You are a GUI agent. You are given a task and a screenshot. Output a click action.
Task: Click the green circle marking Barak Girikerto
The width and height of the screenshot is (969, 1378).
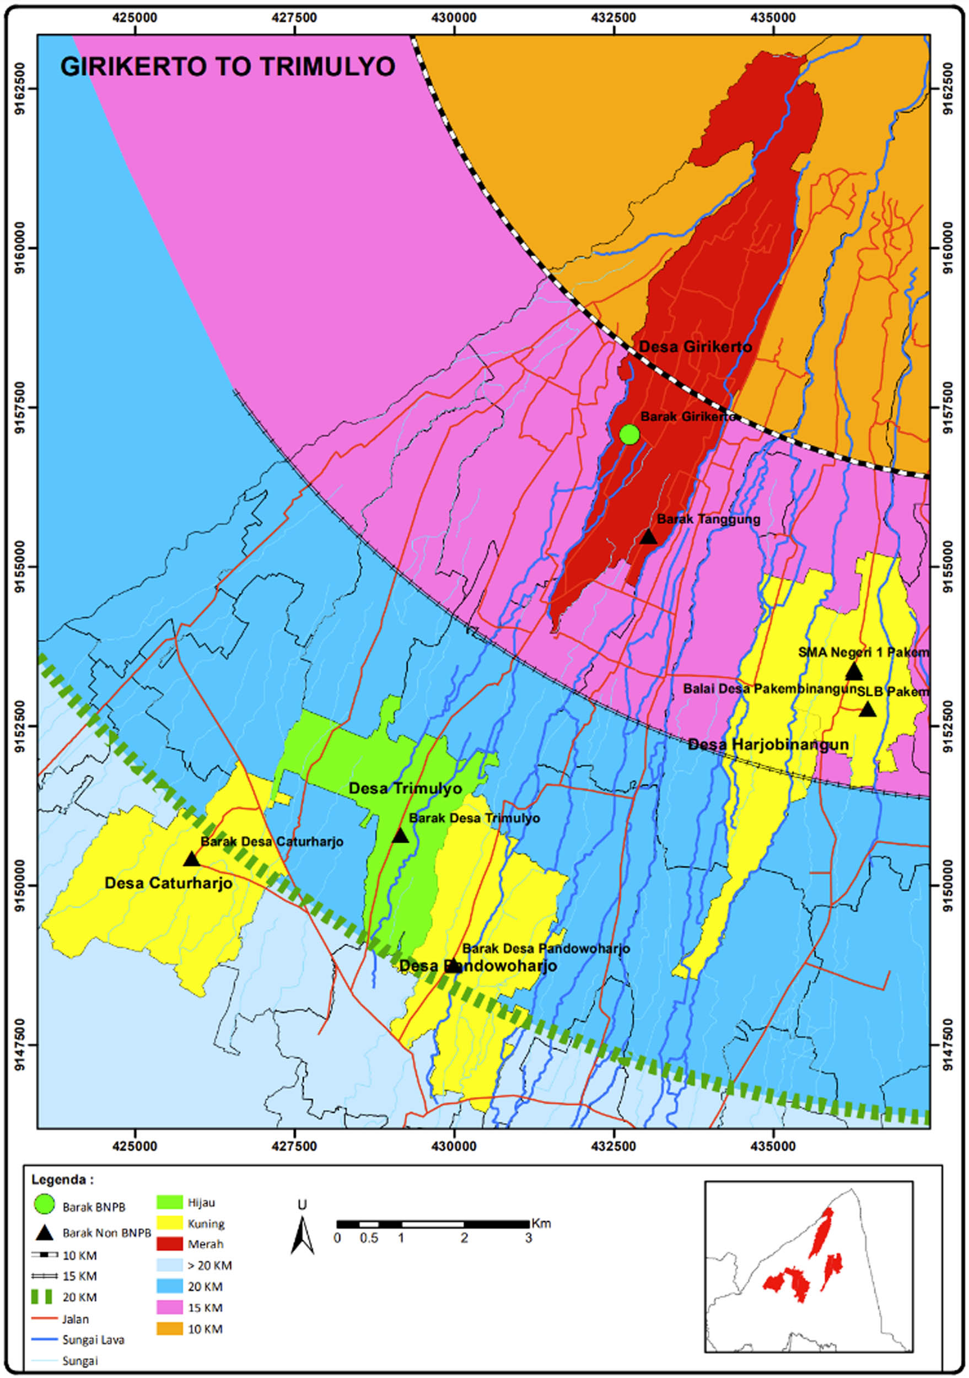pos(629,434)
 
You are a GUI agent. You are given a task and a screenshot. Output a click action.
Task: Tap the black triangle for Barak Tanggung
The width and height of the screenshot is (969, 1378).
pos(648,536)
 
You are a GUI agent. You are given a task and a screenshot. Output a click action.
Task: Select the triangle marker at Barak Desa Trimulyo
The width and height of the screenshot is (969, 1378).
pos(400,836)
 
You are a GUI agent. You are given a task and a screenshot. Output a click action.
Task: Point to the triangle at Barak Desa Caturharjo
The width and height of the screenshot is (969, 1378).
pos(191,859)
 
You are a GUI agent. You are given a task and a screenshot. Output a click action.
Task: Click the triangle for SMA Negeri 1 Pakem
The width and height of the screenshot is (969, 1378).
pos(854,671)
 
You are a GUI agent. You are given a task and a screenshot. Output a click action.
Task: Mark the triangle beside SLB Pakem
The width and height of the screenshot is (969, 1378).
pos(868,709)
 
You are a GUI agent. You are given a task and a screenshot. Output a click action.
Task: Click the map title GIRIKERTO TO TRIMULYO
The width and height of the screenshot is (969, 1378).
pos(228,66)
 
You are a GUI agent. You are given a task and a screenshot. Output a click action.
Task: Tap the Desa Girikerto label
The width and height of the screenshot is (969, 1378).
pos(695,346)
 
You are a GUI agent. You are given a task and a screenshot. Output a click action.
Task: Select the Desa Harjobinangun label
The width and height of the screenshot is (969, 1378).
pos(768,745)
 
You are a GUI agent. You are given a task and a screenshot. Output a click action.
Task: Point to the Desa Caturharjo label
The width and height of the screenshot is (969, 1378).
pos(168,884)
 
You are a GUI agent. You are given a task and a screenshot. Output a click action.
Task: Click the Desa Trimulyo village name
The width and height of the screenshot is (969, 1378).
pos(405,788)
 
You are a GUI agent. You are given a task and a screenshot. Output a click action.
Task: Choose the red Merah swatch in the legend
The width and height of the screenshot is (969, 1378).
pos(169,1244)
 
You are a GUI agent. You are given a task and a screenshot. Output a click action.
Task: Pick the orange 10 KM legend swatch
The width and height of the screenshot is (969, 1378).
pos(169,1329)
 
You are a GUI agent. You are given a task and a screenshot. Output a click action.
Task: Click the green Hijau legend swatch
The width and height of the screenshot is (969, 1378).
pos(169,1202)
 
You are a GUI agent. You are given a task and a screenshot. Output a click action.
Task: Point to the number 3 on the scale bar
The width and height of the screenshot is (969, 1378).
pos(528,1237)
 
